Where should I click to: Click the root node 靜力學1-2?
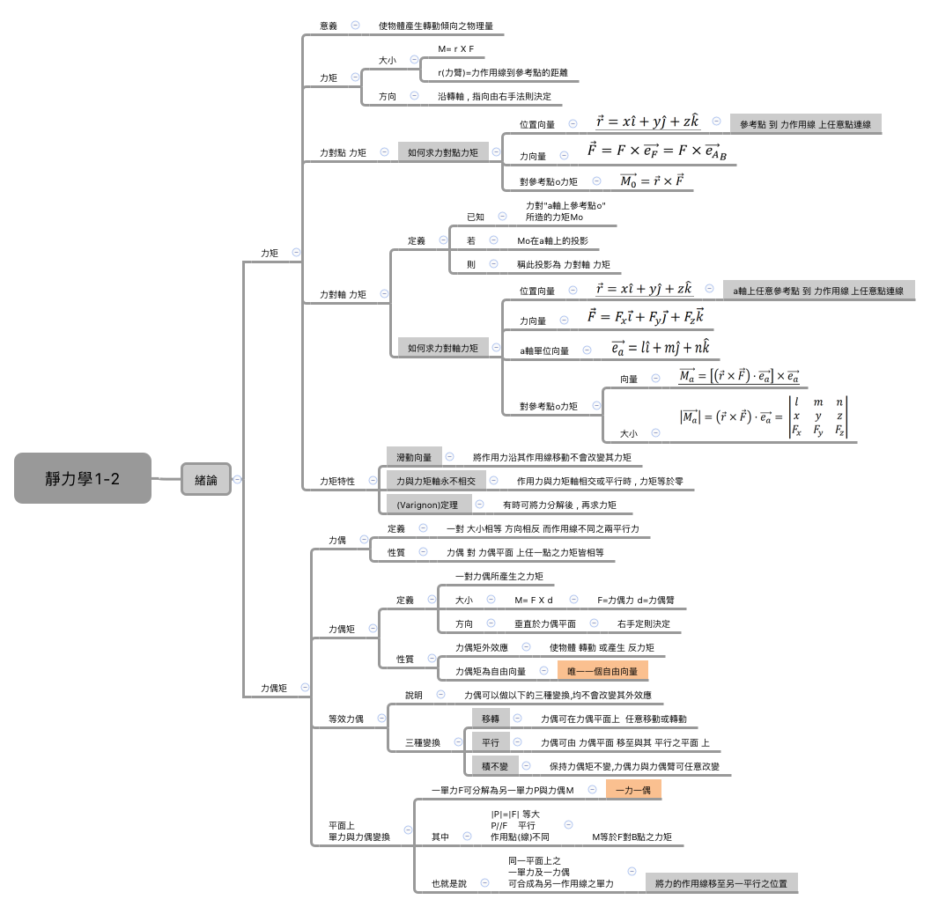point(83,478)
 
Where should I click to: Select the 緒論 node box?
point(205,480)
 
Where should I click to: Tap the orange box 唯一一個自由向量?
point(602,671)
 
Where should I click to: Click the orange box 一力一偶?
point(632,790)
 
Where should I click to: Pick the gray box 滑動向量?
point(413,457)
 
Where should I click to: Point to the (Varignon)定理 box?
point(427,505)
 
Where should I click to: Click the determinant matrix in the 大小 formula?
point(818,417)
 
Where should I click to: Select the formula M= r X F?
point(455,48)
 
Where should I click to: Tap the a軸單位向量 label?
point(544,350)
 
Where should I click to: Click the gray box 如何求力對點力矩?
point(442,152)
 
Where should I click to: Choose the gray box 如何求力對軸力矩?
point(442,348)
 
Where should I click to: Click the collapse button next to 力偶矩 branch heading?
point(305,687)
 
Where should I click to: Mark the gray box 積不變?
point(494,766)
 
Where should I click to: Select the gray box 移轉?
point(491,719)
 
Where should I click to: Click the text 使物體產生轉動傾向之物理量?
point(435,26)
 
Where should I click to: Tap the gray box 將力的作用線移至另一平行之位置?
point(720,882)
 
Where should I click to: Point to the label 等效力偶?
point(345,719)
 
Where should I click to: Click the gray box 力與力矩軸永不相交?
point(435,481)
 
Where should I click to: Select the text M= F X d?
point(533,600)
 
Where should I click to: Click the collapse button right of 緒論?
point(237,480)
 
